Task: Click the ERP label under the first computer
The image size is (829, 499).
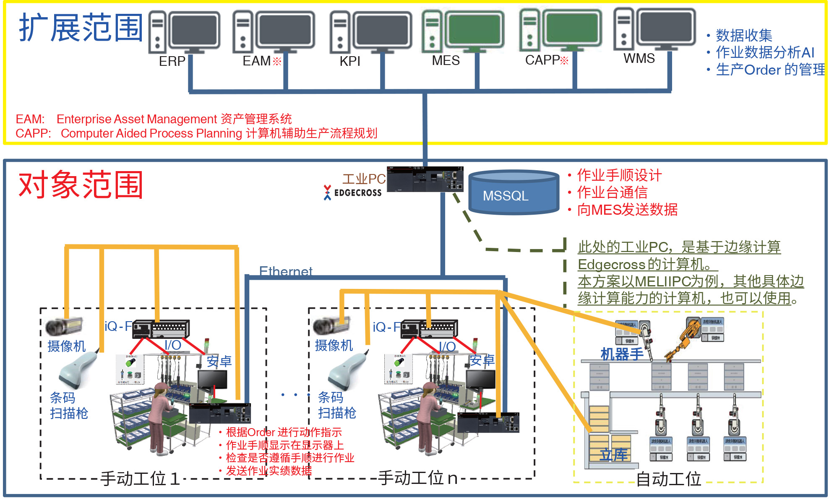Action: tap(172, 61)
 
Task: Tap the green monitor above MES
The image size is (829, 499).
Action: tap(474, 29)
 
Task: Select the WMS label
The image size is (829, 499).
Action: tap(639, 58)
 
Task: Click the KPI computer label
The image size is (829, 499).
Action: tap(349, 61)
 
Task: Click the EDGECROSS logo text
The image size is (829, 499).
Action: tap(357, 193)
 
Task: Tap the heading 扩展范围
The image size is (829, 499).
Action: tap(81, 28)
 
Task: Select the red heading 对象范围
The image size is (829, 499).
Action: tap(81, 185)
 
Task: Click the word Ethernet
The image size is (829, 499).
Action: tap(285, 271)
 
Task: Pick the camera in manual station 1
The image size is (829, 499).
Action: tap(64, 326)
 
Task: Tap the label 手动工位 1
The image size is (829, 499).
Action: tap(140, 478)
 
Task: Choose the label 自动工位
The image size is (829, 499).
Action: tap(668, 479)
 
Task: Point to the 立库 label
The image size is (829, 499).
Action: tap(613, 455)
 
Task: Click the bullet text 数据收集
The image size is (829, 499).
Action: tap(743, 35)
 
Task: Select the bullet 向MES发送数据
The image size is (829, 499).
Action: tap(627, 209)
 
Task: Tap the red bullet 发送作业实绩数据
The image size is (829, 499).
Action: tap(269, 470)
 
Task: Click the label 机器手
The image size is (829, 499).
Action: tap(622, 354)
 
